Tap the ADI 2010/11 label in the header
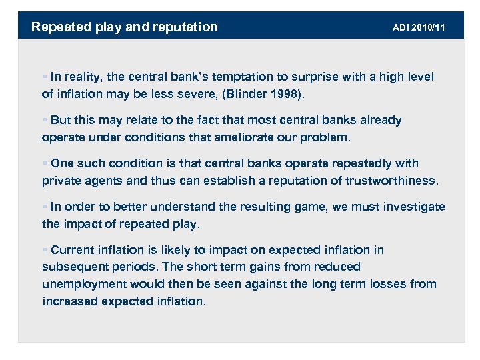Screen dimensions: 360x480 coord(420,27)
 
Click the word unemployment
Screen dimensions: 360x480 coord(85,284)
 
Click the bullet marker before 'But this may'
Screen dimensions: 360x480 coord(45,121)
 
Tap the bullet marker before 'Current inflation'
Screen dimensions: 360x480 coord(45,250)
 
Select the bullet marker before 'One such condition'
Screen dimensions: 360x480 coord(45,163)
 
